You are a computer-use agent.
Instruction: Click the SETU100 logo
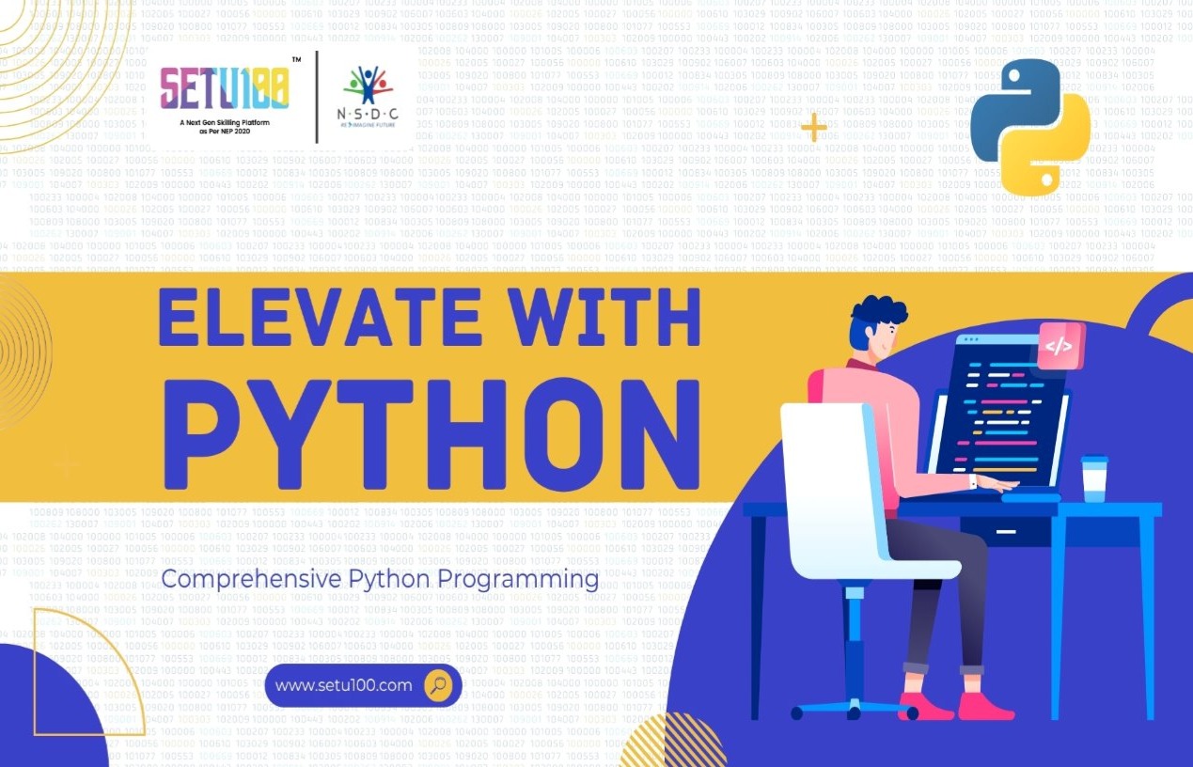coord(223,90)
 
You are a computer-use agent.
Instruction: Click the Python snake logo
coord(1030,126)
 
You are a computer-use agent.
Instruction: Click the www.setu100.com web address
coord(343,685)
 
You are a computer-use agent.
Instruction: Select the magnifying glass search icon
coord(438,685)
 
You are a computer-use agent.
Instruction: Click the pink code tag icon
coord(1059,346)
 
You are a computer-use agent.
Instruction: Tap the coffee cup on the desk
coord(1093,478)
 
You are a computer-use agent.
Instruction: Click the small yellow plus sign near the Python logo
coord(813,128)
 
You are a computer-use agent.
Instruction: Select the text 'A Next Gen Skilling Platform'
coord(223,124)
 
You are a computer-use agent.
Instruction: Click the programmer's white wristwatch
coord(973,482)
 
